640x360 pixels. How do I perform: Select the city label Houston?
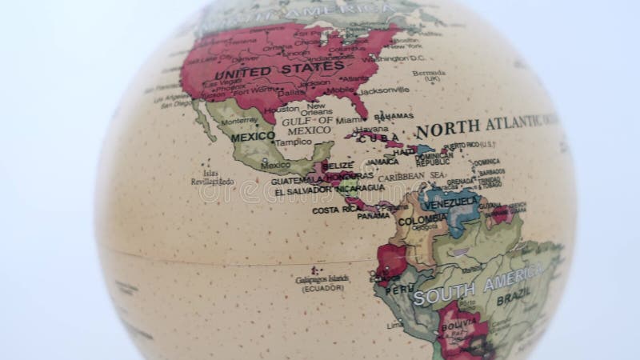pyautogui.click(x=282, y=108)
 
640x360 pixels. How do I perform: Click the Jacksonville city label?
pyautogui.click(x=384, y=90)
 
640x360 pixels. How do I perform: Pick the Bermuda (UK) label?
pyautogui.click(x=430, y=76)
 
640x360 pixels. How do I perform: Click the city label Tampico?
pyautogui.click(x=293, y=142)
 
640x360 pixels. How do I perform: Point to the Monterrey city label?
pyautogui.click(x=238, y=121)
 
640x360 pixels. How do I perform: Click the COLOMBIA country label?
pyautogui.click(x=422, y=219)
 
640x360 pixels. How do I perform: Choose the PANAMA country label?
pyautogui.click(x=373, y=215)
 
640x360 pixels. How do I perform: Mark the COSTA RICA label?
pyautogui.click(x=333, y=210)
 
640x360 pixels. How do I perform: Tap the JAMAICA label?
pyautogui.click(x=382, y=161)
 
